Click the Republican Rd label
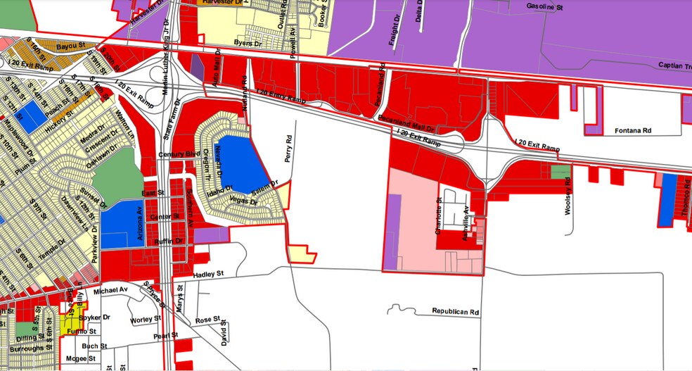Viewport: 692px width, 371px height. pos(455,310)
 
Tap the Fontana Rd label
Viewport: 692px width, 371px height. pos(634,130)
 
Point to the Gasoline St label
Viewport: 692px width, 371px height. pos(545,7)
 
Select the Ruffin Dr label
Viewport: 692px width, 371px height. pos(169,241)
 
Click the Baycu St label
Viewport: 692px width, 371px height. pos(70,46)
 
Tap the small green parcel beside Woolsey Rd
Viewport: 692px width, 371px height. pos(560,171)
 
